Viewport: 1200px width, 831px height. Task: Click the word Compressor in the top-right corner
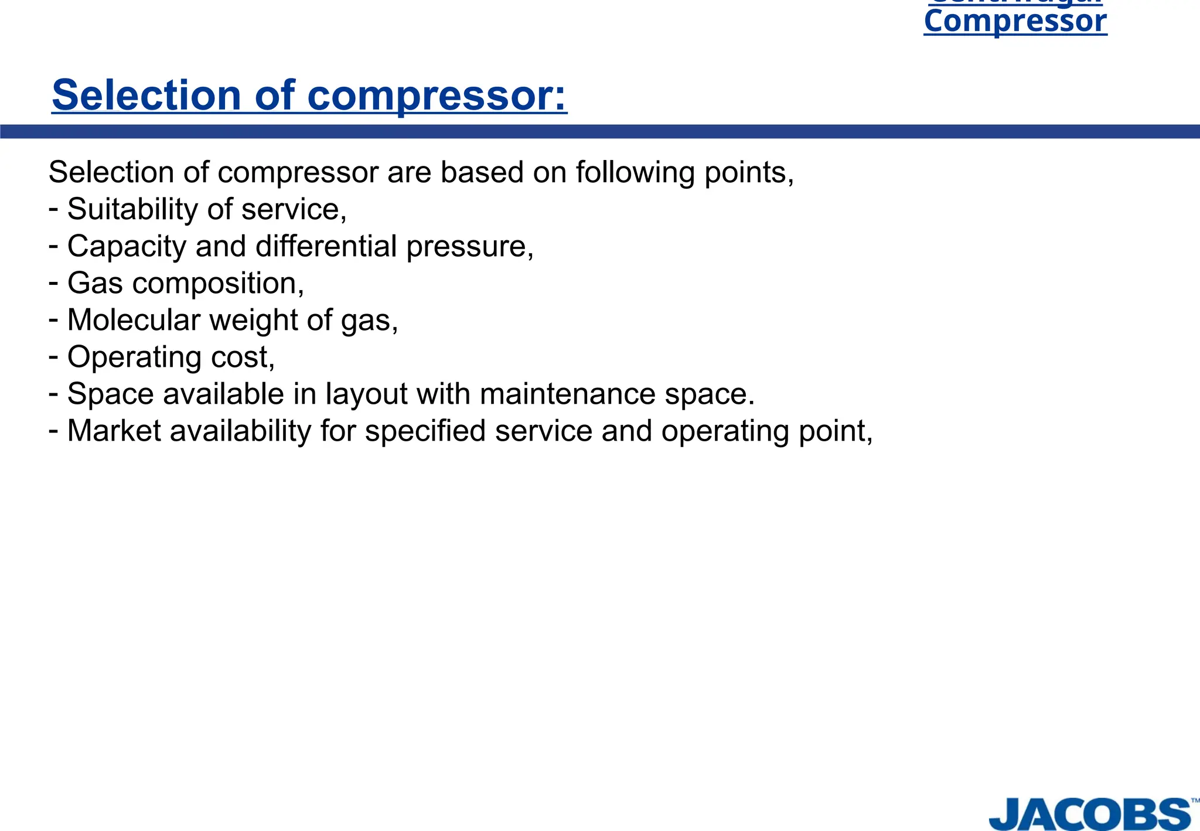pos(1015,22)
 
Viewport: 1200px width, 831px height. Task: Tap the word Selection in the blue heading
pos(146,95)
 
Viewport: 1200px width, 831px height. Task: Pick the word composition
pos(218,284)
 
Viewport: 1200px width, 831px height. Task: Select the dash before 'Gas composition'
pos(53,283)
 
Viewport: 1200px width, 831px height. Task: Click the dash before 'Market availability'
pos(53,431)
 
